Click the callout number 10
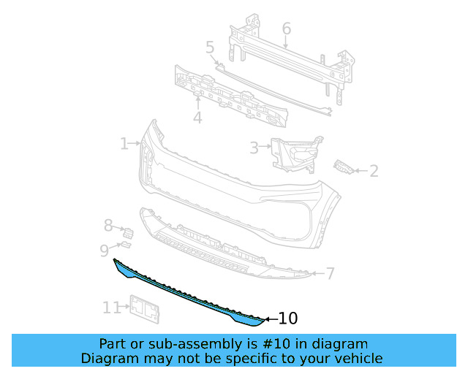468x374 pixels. (288, 318)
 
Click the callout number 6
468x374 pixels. (286, 28)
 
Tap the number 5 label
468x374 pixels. (210, 47)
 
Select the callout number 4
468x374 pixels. (197, 118)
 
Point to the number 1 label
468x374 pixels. (124, 144)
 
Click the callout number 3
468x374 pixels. (254, 148)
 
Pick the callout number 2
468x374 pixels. (374, 171)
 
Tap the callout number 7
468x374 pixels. (331, 274)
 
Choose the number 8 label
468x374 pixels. (108, 226)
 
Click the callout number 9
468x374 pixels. (105, 251)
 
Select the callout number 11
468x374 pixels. (111, 308)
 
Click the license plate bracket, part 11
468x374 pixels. (145, 309)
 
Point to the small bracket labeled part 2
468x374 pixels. (344, 167)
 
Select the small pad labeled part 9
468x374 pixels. (124, 246)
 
